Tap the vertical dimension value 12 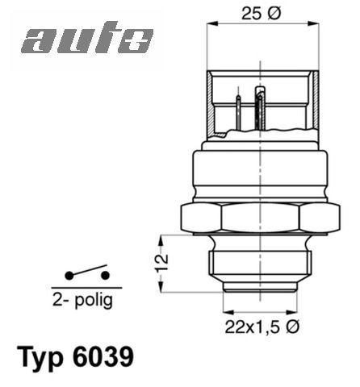[x=164, y=262]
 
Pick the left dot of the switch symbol [x=69, y=276]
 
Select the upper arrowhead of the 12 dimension [x=164, y=238]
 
